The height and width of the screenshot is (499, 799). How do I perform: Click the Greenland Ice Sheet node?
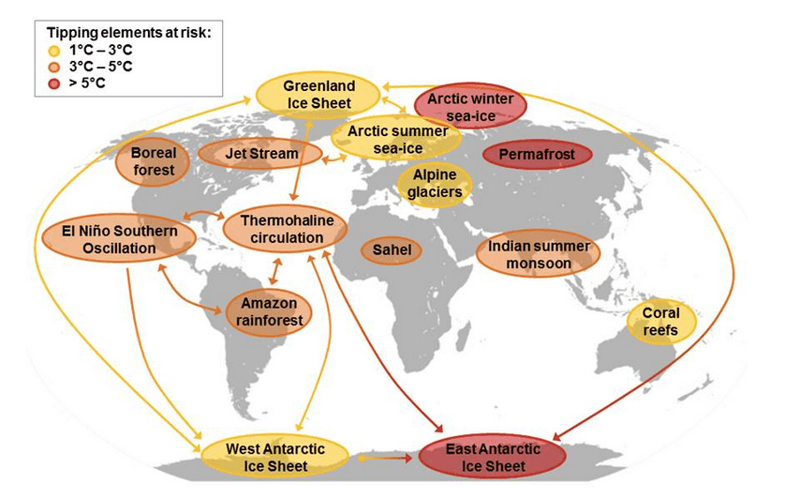pyautogui.click(x=318, y=95)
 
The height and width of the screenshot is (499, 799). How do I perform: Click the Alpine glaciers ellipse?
pyautogui.click(x=434, y=184)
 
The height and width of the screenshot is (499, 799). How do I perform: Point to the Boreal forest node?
pyautogui.click(x=153, y=162)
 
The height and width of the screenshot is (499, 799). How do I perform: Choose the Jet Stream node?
pyautogui.click(x=260, y=154)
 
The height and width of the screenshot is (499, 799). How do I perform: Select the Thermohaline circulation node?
pyautogui.click(x=286, y=229)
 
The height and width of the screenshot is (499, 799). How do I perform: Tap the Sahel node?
pyautogui.click(x=392, y=250)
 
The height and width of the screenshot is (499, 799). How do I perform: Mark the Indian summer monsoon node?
pyautogui.click(x=538, y=254)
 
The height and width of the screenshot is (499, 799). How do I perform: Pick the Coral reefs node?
pyautogui.click(x=661, y=322)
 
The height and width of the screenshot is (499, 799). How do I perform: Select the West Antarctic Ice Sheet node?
pyautogui.click(x=275, y=457)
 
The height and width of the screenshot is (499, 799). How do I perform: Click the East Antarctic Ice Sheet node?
pyautogui.click(x=493, y=457)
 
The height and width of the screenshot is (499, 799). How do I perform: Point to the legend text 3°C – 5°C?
pyautogui.click(x=103, y=66)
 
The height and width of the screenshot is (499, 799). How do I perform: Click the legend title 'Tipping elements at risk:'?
pyautogui.click(x=128, y=33)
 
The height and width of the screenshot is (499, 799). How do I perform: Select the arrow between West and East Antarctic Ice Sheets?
pyautogui.click(x=385, y=459)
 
